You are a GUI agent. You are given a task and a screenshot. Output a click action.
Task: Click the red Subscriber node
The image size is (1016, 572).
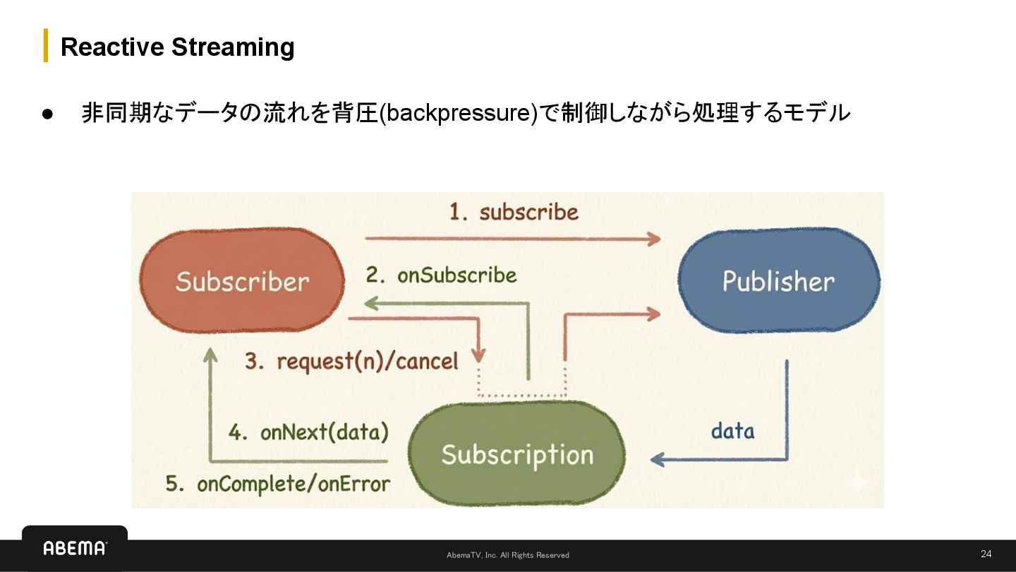(x=242, y=280)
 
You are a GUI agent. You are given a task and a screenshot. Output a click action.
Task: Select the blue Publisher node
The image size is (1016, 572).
(x=778, y=280)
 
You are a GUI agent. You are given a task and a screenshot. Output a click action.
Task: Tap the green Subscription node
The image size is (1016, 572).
(x=517, y=454)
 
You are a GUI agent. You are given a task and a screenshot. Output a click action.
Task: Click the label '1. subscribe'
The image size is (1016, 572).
(x=514, y=212)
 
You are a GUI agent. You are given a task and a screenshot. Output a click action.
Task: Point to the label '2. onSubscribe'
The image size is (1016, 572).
(x=441, y=275)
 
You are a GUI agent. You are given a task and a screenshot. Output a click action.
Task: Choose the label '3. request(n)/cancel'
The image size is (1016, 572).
(x=351, y=362)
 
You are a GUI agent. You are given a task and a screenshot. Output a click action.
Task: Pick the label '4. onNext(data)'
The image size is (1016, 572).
(x=308, y=432)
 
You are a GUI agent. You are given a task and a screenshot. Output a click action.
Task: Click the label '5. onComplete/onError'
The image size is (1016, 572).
(x=277, y=484)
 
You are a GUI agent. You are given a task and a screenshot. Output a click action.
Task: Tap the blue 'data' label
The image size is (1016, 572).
(x=732, y=431)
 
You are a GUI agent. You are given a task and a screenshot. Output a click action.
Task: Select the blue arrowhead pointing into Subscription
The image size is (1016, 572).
(x=657, y=460)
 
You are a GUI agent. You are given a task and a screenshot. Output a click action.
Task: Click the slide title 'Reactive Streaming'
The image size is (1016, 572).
(x=177, y=47)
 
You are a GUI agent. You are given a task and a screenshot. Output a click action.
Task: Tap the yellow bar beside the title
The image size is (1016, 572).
(x=46, y=46)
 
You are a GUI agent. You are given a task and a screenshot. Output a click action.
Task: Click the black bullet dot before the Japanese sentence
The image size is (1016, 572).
(x=47, y=114)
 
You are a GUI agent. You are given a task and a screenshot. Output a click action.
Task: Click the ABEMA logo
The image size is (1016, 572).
(x=75, y=548)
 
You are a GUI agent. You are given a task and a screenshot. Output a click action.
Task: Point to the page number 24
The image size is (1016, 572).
(x=986, y=554)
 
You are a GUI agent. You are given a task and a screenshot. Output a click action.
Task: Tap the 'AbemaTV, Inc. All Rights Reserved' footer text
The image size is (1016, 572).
(x=508, y=555)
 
